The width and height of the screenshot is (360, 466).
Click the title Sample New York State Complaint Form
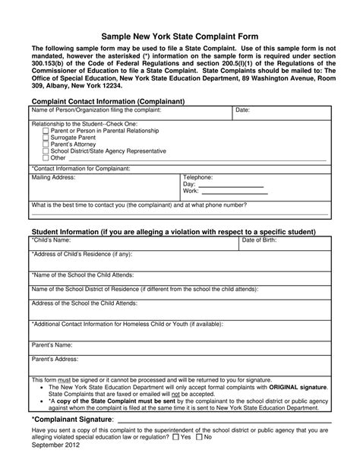180,36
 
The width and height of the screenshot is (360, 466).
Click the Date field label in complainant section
243,110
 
